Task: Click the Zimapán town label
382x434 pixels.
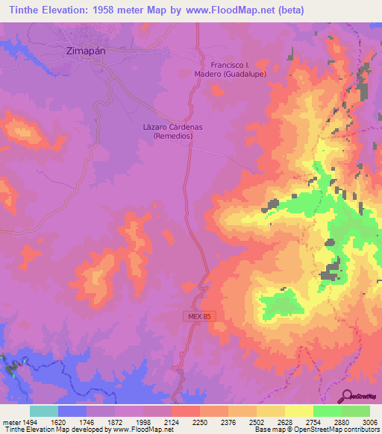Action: click(78, 51)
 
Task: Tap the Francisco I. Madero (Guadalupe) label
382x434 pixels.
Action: click(238, 69)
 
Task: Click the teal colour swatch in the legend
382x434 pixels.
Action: click(44, 411)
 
